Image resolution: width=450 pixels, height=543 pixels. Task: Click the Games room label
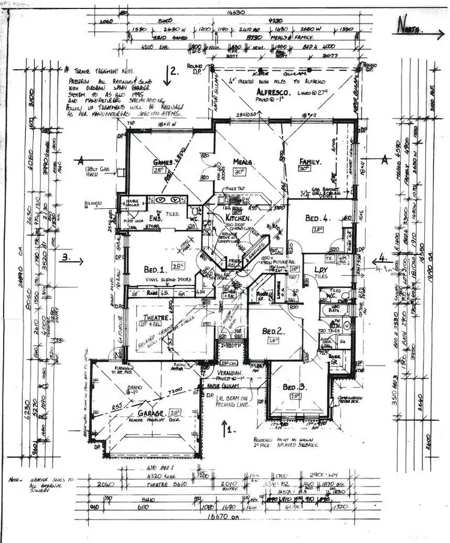coord(163,162)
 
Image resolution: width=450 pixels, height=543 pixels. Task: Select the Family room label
coord(311,162)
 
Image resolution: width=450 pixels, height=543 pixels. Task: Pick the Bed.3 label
coord(295,387)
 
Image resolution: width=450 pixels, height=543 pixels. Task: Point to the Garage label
coord(150,414)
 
